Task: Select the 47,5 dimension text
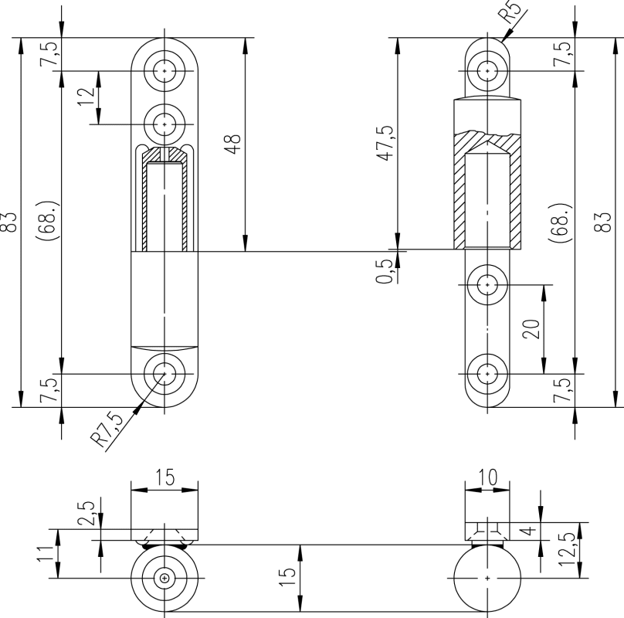pyautogui.click(x=386, y=142)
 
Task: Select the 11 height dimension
pyautogui.click(x=46, y=553)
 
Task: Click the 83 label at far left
pyautogui.click(x=10, y=222)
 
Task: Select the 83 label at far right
pyautogui.click(x=607, y=222)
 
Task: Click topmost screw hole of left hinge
pyautogui.click(x=164, y=70)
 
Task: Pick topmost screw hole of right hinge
pyautogui.click(x=487, y=70)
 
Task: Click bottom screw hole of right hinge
pyautogui.click(x=487, y=373)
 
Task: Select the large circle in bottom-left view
pyautogui.click(x=164, y=578)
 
